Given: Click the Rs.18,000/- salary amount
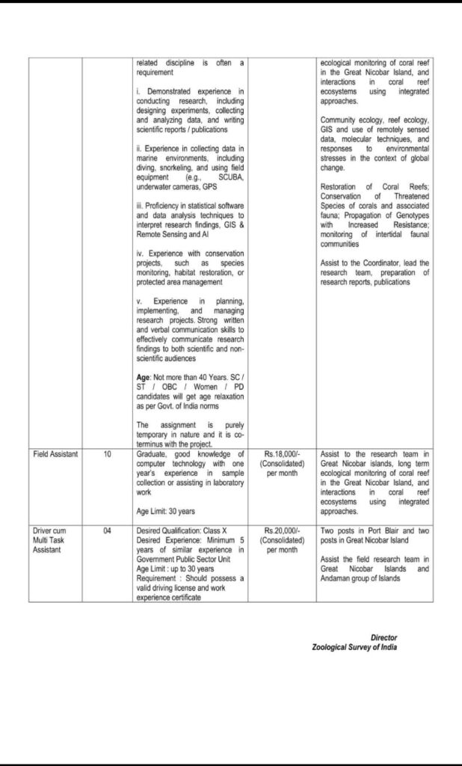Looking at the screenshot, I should click(x=283, y=454).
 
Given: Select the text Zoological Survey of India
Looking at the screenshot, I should click(x=354, y=647).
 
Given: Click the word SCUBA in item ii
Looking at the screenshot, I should click(x=224, y=177).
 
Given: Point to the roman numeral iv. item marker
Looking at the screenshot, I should click(x=140, y=254).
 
